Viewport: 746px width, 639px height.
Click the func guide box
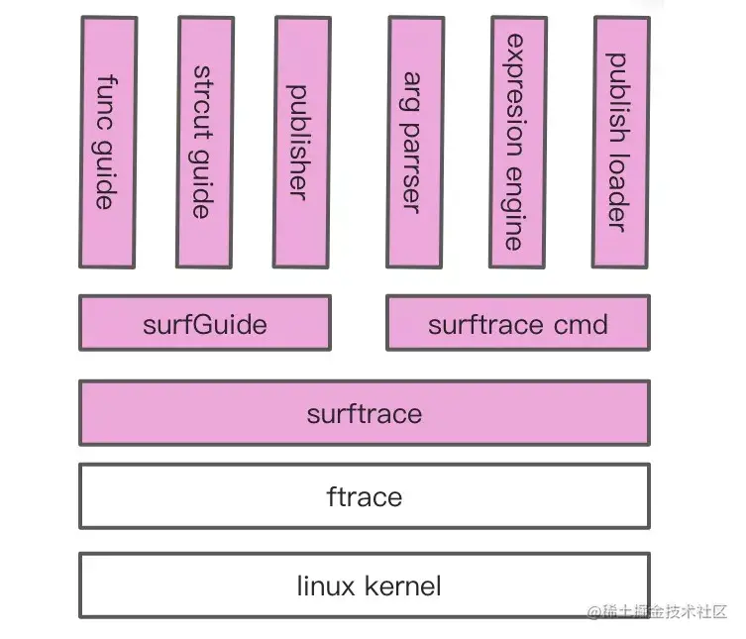click(x=107, y=142)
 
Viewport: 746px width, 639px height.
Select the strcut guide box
click(x=204, y=142)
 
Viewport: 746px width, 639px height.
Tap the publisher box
click(x=301, y=142)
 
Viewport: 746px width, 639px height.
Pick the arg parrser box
click(x=415, y=142)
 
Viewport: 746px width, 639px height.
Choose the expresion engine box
click(x=517, y=142)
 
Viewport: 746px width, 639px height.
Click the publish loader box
click(x=620, y=142)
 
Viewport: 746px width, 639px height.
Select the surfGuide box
click(x=204, y=323)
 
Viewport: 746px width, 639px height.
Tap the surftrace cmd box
click(x=517, y=323)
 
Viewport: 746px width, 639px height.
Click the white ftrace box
click(x=364, y=495)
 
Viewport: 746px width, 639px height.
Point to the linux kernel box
click(x=364, y=586)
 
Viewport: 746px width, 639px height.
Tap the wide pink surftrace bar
click(x=364, y=413)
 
